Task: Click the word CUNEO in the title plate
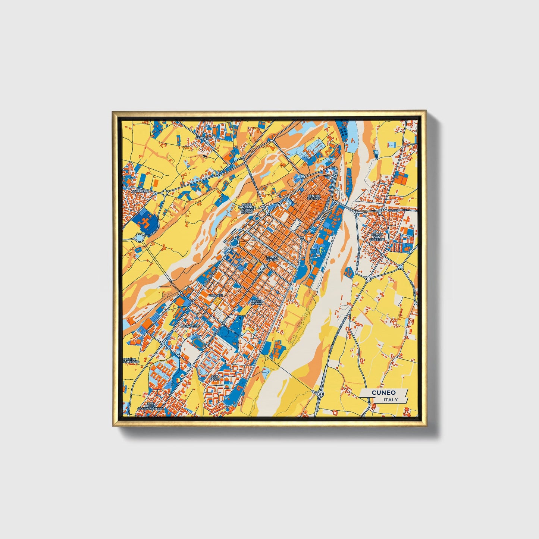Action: [383, 392]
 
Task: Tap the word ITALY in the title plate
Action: [391, 399]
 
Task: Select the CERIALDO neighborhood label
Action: [204, 138]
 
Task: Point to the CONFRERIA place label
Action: [140, 191]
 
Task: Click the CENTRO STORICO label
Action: [314, 197]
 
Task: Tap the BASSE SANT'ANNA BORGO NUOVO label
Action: [247, 208]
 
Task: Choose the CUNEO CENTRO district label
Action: [272, 258]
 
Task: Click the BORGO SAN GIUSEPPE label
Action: [377, 237]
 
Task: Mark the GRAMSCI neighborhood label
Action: [215, 295]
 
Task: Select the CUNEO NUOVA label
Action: [256, 302]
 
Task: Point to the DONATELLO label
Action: [190, 326]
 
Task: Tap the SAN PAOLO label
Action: [214, 377]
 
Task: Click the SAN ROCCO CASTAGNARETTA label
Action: [150, 406]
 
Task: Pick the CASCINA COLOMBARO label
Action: [131, 360]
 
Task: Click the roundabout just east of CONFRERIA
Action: [164, 193]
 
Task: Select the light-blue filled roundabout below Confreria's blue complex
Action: [140, 238]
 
